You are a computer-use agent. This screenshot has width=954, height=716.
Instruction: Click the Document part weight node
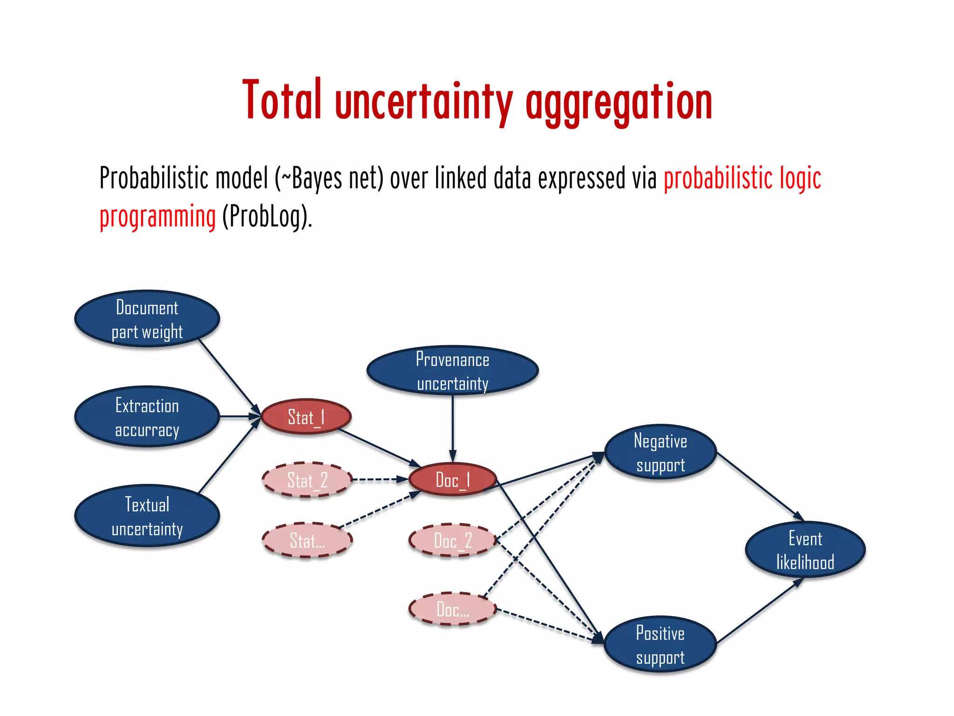[x=147, y=319]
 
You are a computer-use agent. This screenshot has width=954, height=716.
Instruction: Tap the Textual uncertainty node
[x=147, y=516]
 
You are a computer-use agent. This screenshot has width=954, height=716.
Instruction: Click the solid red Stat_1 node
[x=306, y=417]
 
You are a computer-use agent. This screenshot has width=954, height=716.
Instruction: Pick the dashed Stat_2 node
[x=307, y=480]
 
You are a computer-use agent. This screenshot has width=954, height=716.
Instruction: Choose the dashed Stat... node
[x=307, y=540]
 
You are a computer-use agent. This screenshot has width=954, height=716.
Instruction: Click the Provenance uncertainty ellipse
[x=452, y=371]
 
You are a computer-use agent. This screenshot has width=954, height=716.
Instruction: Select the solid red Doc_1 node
[x=452, y=479]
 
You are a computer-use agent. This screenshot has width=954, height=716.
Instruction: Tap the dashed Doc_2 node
[x=452, y=540]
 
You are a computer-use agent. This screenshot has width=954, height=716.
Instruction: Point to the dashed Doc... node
[x=452, y=609]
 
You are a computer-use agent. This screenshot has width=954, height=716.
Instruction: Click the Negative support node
[x=660, y=452]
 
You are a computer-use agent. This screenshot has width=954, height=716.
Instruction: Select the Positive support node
[x=660, y=645]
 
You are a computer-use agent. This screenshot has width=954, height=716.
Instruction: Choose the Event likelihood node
[x=805, y=550]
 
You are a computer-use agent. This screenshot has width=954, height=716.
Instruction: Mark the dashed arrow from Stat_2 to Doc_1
[x=380, y=479]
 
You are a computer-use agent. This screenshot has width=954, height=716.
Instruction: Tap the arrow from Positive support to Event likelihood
[x=759, y=611]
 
